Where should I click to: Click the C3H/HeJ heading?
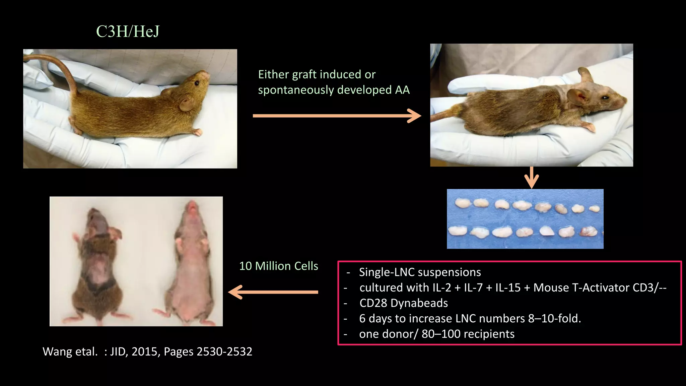pyautogui.click(x=128, y=31)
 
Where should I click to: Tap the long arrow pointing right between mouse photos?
pyautogui.click(x=336, y=116)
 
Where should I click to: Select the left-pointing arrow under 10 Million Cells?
pyautogui.click(x=273, y=292)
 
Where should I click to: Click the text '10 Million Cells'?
pyautogui.click(x=278, y=266)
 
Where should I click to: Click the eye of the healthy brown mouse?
pyautogui.click(x=197, y=83)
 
